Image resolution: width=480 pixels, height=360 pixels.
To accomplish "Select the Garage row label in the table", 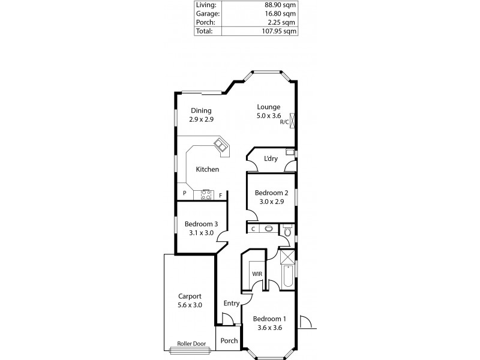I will pos(208,14).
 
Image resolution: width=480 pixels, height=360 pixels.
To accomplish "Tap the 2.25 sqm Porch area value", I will pos(285,22).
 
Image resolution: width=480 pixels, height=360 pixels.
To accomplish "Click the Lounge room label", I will pos(268,107).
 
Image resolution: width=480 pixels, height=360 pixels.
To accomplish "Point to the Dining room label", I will pos(202,110).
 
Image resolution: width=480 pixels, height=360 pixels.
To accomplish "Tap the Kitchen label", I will pos(207,169).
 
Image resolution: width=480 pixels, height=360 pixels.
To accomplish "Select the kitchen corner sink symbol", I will pos(222,145).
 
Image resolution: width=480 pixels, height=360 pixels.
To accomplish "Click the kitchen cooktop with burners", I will pos(207,194).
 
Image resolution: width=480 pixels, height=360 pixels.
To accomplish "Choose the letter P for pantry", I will pos(185,194).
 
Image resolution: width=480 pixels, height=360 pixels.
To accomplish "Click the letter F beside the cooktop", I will pos(220,194).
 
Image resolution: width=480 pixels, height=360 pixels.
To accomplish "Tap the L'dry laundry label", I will pos(270,159).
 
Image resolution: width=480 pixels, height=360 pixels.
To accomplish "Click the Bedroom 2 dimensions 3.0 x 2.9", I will pos(268,202).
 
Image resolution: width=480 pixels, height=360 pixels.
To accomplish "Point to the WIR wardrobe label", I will pos(257,274).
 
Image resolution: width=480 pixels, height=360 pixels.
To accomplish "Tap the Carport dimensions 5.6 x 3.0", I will pos(190,305).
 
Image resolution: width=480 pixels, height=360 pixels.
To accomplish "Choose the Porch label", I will pos(229,341).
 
